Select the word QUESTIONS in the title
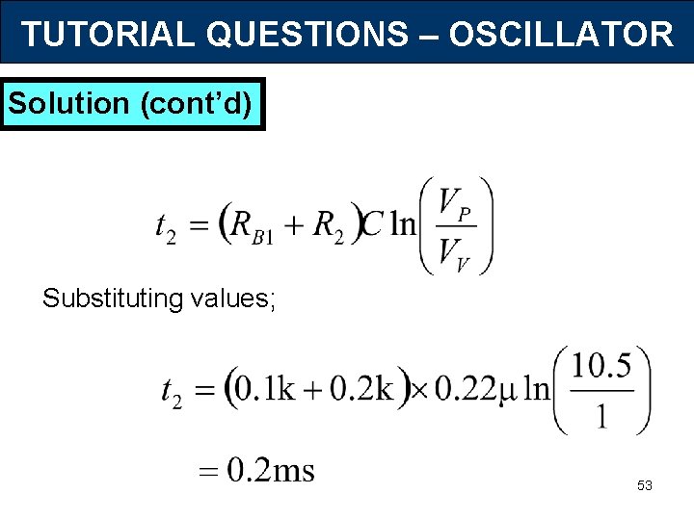click(x=307, y=35)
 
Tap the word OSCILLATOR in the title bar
click(x=561, y=35)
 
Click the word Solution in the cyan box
click(x=68, y=104)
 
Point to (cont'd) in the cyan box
click(x=197, y=104)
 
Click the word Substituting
click(x=113, y=299)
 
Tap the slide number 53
click(x=644, y=486)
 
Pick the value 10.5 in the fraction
click(x=601, y=366)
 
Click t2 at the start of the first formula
click(x=165, y=228)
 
